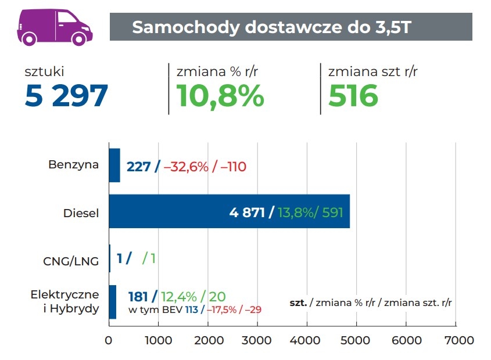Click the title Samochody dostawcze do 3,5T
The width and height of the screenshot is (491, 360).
coord(272,27)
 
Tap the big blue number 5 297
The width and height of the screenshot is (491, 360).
coord(66,95)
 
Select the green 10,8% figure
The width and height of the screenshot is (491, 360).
coord(220,95)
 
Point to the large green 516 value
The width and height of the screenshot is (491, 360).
coord(353,95)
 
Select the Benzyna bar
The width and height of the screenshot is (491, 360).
coord(114,165)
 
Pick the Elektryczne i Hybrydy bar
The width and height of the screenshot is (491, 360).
coord(113,302)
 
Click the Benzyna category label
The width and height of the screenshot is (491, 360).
coord(73,164)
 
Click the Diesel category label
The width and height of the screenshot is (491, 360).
coord(81,213)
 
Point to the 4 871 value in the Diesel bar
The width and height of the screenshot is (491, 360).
coord(248,212)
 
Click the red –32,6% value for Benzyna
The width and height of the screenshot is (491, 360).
coord(185,167)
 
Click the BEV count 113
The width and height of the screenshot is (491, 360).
coord(191,310)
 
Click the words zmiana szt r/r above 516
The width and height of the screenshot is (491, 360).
coord(372,72)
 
